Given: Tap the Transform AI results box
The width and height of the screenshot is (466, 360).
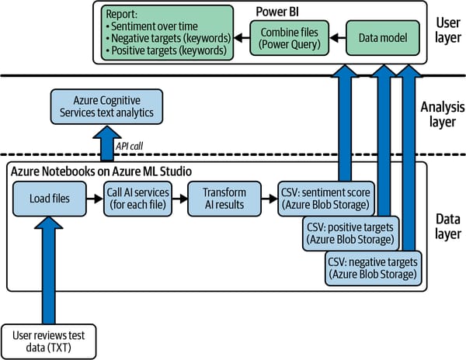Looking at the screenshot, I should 226,199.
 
